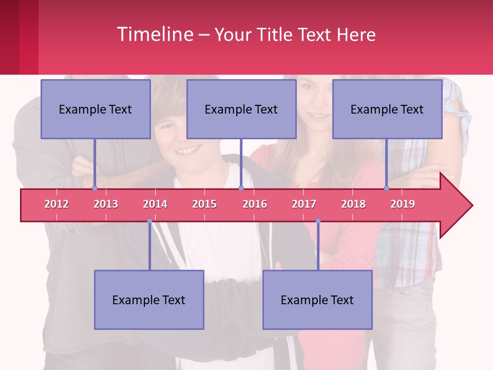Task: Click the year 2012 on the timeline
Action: [56, 204]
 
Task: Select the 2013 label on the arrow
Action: [106, 204]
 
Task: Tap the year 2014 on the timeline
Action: [155, 204]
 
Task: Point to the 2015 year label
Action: [204, 204]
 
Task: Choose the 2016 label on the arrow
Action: [255, 204]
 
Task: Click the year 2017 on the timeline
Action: [304, 204]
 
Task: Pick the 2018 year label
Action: [353, 204]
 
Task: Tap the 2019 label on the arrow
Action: [403, 204]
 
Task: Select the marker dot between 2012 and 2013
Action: [95, 188]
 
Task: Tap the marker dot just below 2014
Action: [149, 221]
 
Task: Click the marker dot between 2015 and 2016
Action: [241, 188]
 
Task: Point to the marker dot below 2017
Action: [318, 221]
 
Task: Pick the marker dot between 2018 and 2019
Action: [387, 188]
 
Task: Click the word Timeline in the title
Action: [155, 34]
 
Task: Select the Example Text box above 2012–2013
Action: [96, 109]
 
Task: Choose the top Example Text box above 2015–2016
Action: [241, 109]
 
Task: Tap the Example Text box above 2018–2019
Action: [387, 109]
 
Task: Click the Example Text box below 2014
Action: [149, 300]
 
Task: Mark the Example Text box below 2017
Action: [317, 300]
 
